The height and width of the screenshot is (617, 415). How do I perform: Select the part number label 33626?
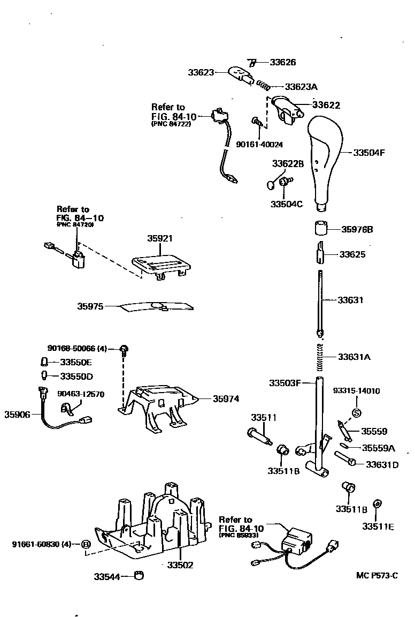coord(282,62)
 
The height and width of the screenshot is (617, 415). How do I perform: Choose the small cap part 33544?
coord(141,576)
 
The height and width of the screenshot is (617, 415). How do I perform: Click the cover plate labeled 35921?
coord(162,262)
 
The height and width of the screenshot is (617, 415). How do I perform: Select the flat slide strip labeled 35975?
coord(156,307)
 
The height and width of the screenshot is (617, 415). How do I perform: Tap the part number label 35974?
coord(226,399)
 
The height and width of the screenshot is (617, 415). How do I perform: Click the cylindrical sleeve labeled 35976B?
coord(321,228)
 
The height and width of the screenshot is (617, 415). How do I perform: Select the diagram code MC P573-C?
coord(377,576)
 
